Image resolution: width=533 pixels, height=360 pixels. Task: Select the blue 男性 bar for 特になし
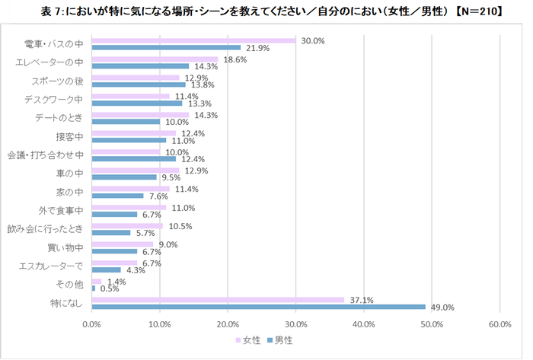click(258, 307)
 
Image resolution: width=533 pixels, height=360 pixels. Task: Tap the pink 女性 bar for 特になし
click(218, 300)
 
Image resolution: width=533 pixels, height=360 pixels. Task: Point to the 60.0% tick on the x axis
click(499, 325)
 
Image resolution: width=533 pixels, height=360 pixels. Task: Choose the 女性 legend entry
click(251, 339)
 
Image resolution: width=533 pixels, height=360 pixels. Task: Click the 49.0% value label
click(442, 307)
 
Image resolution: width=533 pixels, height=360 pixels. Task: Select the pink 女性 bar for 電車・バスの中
click(193, 40)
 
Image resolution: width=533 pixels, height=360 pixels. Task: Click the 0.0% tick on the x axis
click(91, 325)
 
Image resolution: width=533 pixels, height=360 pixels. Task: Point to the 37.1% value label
click(361, 300)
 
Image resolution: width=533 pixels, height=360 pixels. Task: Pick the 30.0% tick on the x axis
click(295, 325)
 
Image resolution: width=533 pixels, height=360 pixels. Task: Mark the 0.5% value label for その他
click(110, 288)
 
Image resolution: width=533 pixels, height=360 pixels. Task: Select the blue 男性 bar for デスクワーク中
click(136, 103)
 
